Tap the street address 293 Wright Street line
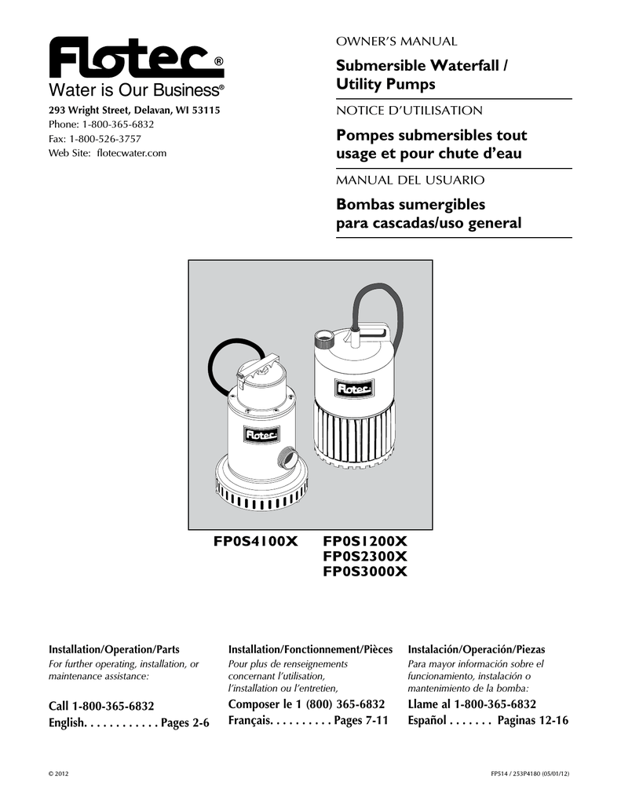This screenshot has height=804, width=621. click(134, 111)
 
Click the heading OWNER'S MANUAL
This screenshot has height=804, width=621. click(396, 41)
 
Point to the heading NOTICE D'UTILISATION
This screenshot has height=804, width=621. click(409, 111)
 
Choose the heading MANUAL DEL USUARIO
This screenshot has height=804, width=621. click(410, 180)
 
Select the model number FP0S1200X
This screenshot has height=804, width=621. click(366, 542)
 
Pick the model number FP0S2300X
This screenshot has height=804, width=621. click(366, 557)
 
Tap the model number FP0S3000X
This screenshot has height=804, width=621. click(366, 571)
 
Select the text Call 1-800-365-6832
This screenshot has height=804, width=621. click(101, 705)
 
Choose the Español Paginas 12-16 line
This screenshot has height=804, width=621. click(488, 720)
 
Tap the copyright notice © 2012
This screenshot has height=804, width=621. click(60, 773)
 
